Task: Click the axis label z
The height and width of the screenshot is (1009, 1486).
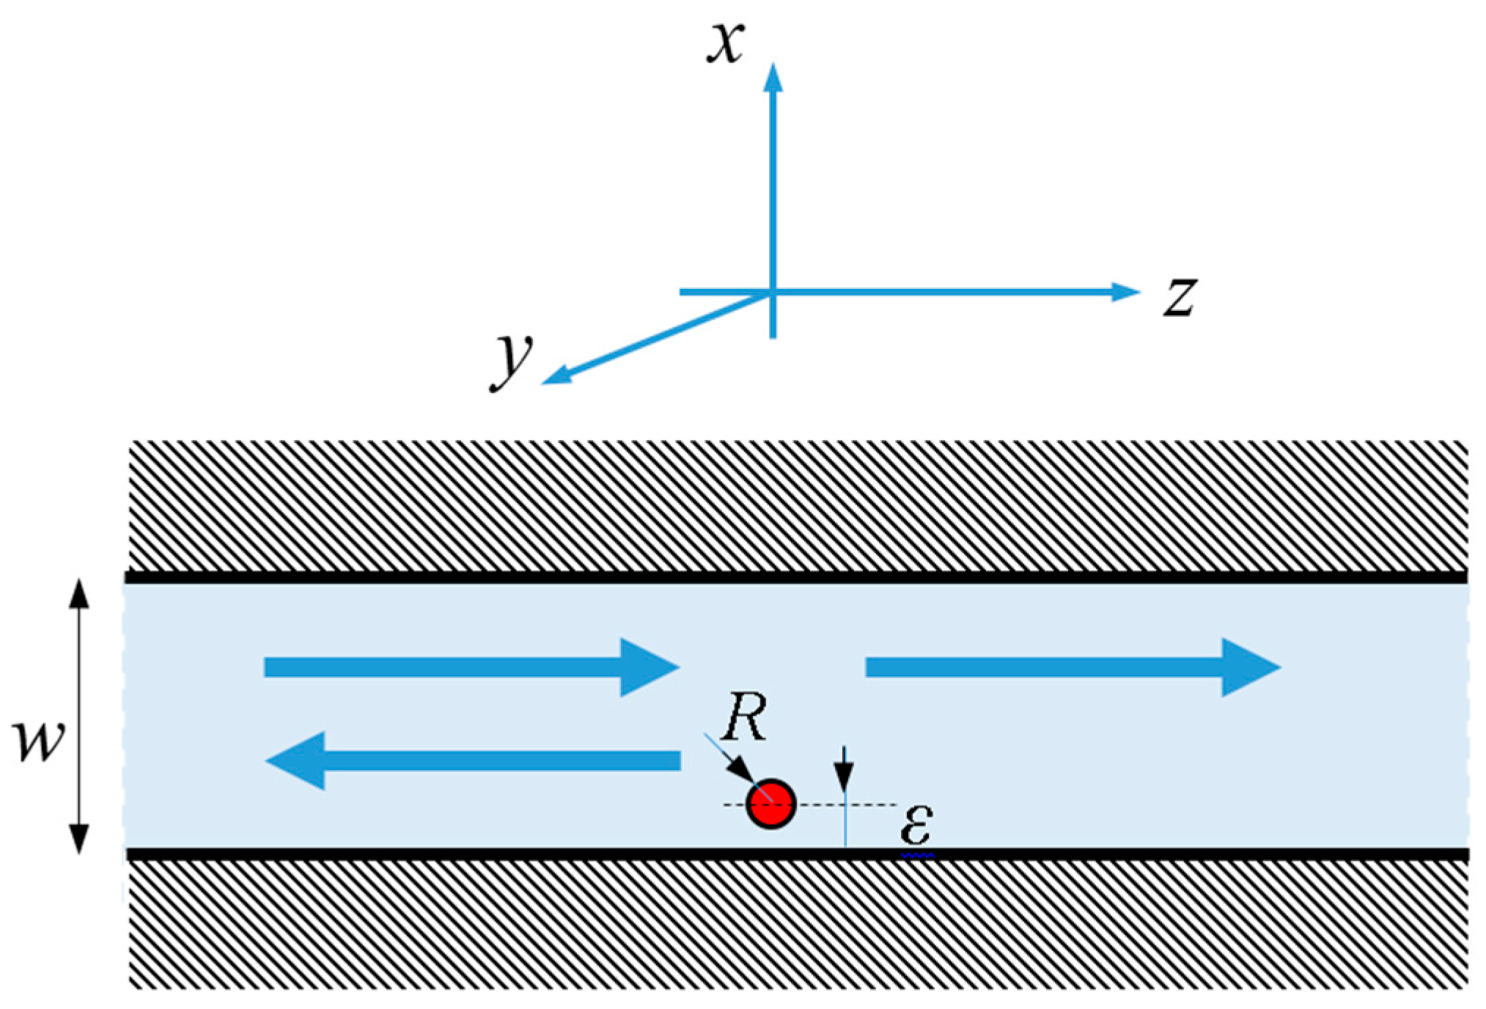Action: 1180,298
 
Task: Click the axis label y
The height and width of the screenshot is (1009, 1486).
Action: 511,359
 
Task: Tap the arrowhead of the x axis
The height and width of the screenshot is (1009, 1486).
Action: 773,78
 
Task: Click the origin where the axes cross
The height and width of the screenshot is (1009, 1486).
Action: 773,293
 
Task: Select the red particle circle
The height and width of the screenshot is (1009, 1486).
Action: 770,804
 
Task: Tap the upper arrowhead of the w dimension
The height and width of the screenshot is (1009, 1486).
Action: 79,594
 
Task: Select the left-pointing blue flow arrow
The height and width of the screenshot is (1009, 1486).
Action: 472,760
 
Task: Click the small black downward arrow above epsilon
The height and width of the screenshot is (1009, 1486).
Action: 844,770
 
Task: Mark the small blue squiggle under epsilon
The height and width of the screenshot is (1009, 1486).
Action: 918,855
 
